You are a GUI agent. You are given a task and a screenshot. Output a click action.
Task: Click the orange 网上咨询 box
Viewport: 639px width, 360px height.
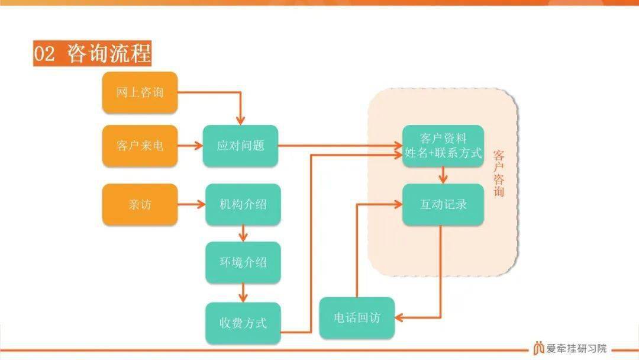tap(140, 92)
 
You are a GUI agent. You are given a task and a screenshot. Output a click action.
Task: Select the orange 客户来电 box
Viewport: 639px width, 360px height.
tap(140, 146)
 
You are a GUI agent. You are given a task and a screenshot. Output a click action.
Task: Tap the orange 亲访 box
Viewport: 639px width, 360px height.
tap(140, 204)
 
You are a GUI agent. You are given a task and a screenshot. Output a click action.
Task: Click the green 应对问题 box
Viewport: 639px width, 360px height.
tap(240, 146)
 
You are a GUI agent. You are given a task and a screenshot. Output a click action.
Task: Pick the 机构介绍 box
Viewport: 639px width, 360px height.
tap(243, 204)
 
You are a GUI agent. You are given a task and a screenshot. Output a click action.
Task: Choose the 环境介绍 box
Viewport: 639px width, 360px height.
tap(243, 262)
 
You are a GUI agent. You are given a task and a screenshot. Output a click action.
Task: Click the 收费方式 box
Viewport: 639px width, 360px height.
tap(243, 323)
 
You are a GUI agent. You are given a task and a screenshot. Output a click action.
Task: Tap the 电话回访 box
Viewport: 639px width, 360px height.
tap(357, 317)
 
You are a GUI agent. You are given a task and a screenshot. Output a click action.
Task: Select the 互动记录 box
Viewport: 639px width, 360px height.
tap(443, 204)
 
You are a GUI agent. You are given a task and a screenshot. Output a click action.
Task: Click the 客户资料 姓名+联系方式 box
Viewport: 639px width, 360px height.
tap(443, 146)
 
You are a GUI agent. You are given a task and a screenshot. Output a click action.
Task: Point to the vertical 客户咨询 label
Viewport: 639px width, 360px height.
tap(499, 173)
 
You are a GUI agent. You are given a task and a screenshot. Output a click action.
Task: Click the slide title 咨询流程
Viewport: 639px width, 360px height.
tap(109, 53)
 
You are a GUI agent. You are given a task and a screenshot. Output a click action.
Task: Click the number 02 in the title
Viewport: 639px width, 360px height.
tap(44, 54)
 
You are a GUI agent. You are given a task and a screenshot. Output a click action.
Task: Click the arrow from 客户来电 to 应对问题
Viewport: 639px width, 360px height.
tap(191, 146)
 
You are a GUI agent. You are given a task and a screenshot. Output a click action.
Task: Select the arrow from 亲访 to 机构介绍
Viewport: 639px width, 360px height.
tap(192, 204)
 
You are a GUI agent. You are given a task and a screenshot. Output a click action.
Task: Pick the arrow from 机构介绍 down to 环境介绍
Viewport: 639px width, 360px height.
tap(243, 233)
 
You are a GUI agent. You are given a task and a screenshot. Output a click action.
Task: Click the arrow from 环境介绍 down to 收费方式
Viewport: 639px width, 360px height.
tap(243, 292)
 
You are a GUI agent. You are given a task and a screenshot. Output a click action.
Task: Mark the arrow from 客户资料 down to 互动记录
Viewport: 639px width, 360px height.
tap(443, 175)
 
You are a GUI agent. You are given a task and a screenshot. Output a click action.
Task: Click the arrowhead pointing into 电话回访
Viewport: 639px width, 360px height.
tap(399, 317)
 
